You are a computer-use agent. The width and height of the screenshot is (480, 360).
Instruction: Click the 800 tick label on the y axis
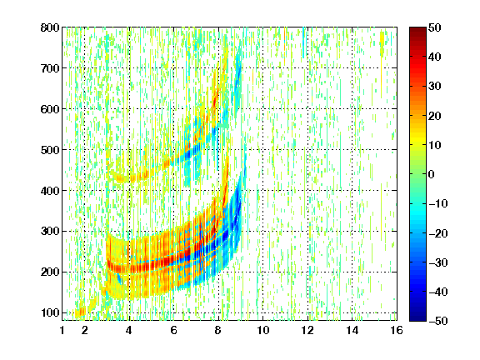click(x=50, y=27)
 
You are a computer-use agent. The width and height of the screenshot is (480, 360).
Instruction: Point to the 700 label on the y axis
click(x=50, y=68)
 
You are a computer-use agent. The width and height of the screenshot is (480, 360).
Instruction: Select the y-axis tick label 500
click(x=50, y=150)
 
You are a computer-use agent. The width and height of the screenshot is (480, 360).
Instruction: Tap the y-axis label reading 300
click(x=50, y=232)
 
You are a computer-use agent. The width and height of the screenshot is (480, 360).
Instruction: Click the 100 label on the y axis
click(x=50, y=312)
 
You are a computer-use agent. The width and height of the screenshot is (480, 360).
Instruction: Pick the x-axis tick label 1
click(x=62, y=330)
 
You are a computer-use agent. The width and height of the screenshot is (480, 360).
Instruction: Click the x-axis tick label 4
click(x=129, y=330)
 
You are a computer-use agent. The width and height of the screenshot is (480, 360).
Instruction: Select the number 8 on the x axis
click(x=217, y=330)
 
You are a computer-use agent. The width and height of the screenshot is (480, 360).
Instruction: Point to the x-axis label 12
click(x=307, y=330)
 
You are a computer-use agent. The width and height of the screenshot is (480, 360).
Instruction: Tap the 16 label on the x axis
click(x=397, y=330)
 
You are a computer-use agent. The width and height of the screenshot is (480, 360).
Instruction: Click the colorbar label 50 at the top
click(x=434, y=27)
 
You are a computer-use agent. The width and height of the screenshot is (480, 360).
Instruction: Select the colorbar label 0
click(x=432, y=174)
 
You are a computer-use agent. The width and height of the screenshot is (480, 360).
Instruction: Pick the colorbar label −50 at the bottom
click(x=438, y=321)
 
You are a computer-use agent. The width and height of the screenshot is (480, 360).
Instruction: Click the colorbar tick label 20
click(x=434, y=116)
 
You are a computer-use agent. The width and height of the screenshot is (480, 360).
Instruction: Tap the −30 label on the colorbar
click(x=438, y=262)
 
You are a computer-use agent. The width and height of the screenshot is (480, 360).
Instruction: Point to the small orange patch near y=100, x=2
click(x=80, y=312)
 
